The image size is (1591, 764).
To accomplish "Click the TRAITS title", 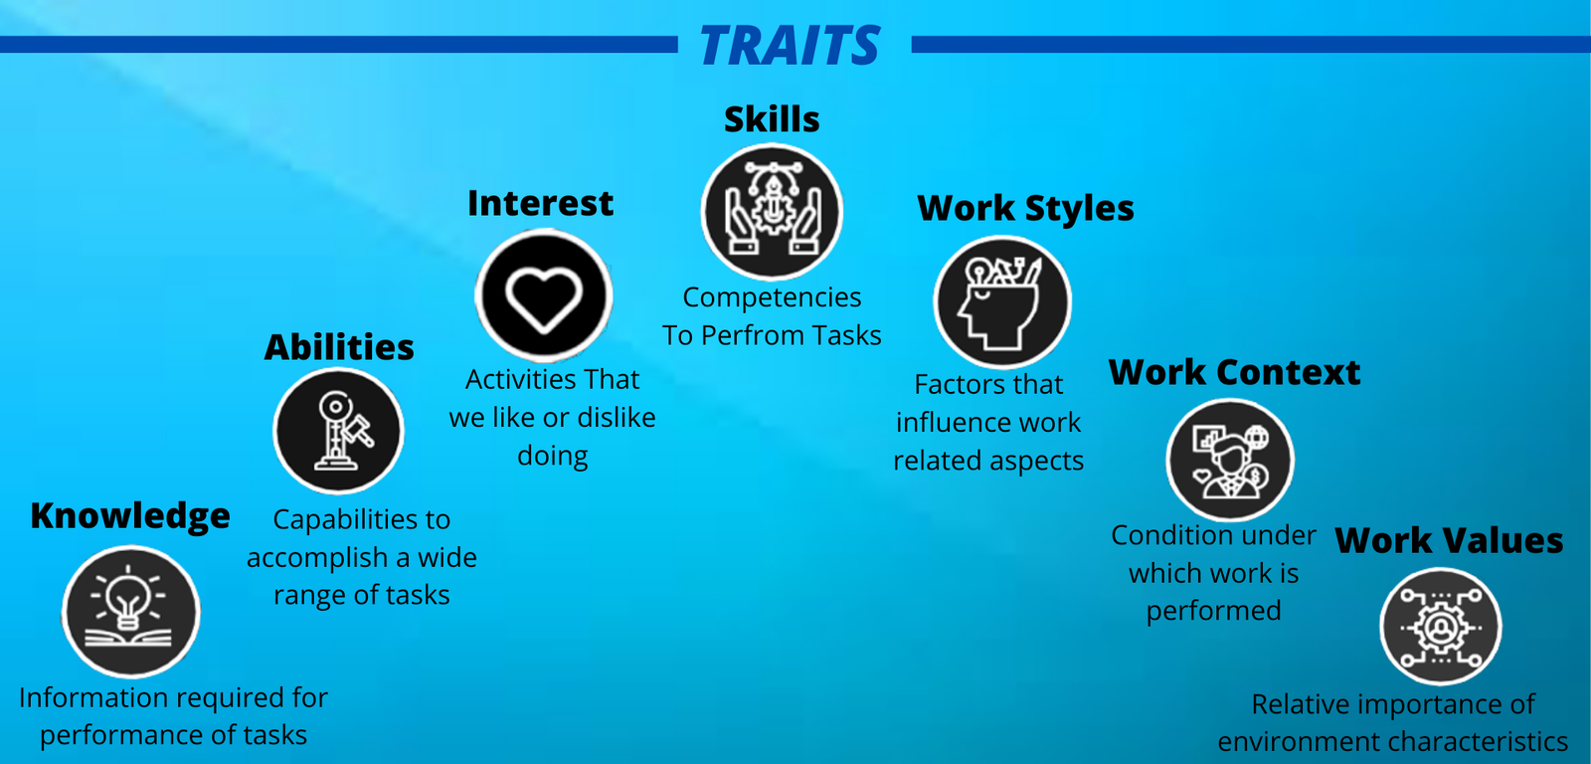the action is pyautogui.click(x=790, y=46).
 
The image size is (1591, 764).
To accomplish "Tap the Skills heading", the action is pyautogui.click(x=772, y=118).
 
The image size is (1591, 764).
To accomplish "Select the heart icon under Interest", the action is pyautogui.click(x=543, y=295).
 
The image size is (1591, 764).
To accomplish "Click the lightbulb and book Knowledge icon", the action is pyautogui.click(x=130, y=612).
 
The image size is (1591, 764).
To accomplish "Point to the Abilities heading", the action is pyautogui.click(x=339, y=347).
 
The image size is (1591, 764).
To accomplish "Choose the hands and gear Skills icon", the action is pyautogui.click(x=772, y=211).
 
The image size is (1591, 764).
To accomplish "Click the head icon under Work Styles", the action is pyautogui.click(x=1002, y=302).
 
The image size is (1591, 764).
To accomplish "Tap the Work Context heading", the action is pyautogui.click(x=1234, y=372).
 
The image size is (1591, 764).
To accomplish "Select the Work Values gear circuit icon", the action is pyautogui.click(x=1441, y=626).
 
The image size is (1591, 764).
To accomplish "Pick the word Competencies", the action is pyautogui.click(x=772, y=297).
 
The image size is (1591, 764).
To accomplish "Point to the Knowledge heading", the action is pyautogui.click(x=130, y=516).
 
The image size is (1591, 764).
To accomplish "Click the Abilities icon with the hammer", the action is pyautogui.click(x=338, y=431).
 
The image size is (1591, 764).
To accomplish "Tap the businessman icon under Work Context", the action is pyautogui.click(x=1230, y=460).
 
